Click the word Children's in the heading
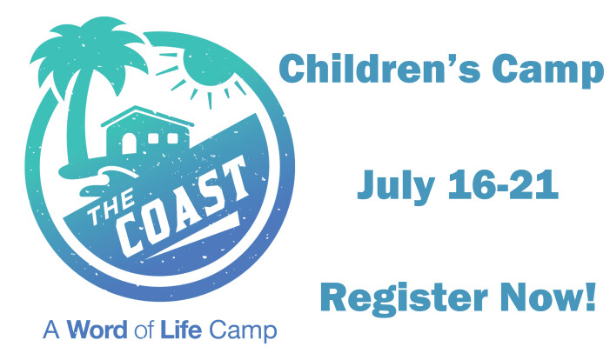point(374,69)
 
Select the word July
point(396,186)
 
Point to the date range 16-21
point(504,184)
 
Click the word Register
point(404,299)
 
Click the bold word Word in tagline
point(97,330)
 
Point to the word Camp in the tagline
point(243,330)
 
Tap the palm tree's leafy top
point(89,50)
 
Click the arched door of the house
point(129,143)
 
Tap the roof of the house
point(147,116)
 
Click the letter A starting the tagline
point(51,330)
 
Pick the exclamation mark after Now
point(591,297)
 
